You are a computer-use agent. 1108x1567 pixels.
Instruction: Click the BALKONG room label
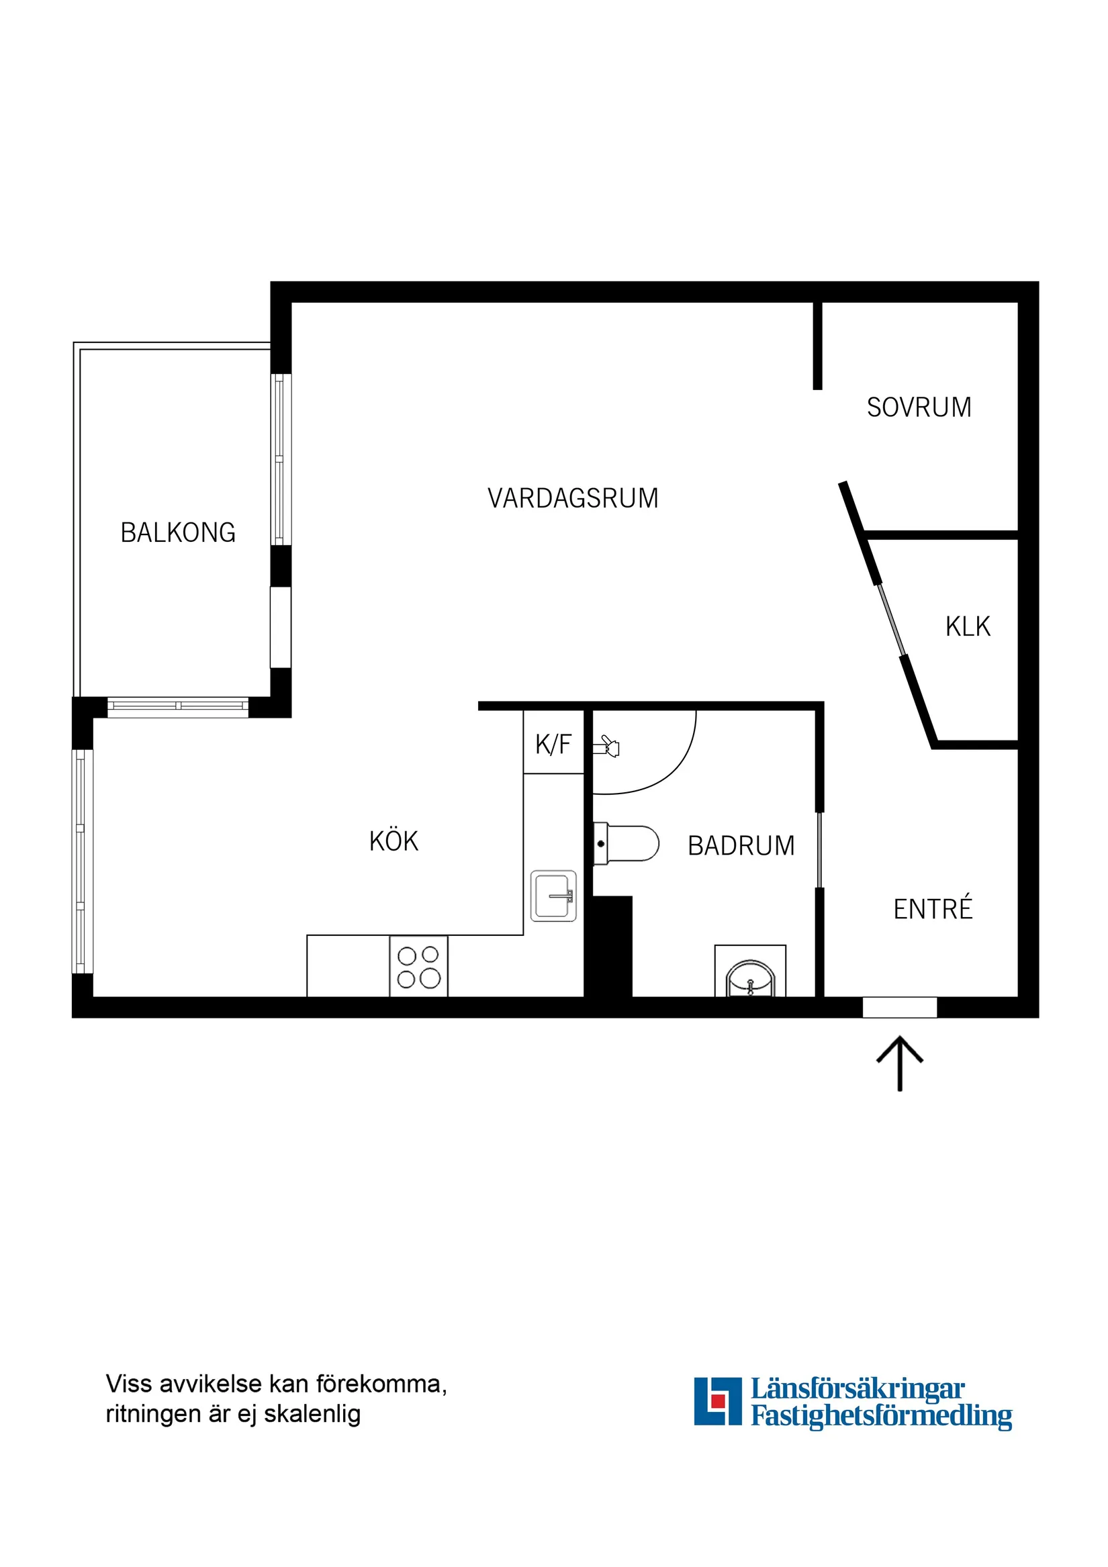178,532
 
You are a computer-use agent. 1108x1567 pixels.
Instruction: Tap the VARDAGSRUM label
573,498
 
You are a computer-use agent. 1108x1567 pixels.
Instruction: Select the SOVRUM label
919,408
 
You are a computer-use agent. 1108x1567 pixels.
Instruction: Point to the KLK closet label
968,626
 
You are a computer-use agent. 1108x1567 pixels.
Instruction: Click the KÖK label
394,841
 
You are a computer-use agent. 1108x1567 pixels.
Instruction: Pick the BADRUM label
741,846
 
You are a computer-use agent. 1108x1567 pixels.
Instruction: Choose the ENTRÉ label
933,909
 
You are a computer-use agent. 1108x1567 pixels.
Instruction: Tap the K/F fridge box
553,744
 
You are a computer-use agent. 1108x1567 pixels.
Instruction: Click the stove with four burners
418,967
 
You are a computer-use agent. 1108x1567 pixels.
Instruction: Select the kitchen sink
553,896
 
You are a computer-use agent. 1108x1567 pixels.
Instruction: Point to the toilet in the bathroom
626,844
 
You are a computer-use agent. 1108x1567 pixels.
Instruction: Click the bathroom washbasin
750,980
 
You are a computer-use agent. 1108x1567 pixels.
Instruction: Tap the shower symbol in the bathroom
606,747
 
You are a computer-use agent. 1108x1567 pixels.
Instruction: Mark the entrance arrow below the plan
899,1063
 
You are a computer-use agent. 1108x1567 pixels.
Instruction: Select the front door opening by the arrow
899,1007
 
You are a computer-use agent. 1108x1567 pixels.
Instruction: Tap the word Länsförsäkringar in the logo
858,1389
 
